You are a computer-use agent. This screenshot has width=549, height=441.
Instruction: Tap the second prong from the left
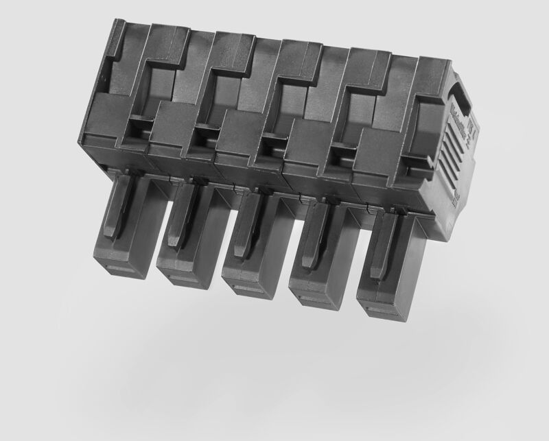click(187, 230)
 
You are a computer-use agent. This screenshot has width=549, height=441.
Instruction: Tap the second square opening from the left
click(203, 138)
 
